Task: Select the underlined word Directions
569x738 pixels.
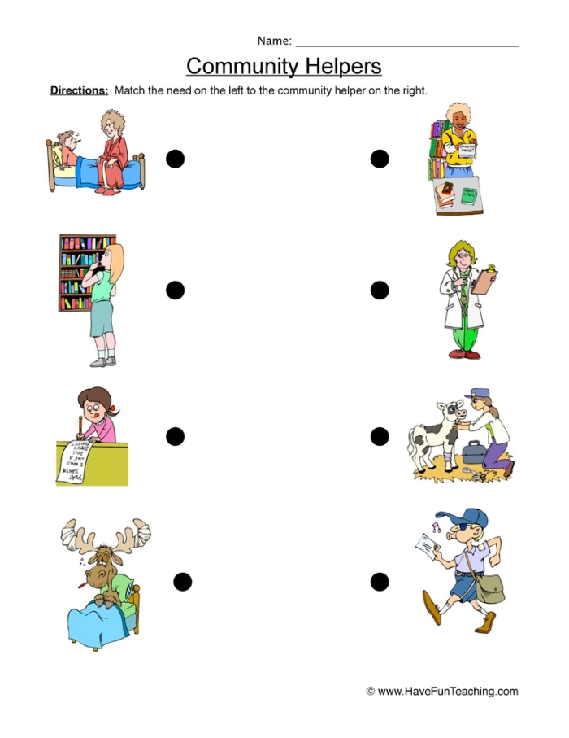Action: [79, 91]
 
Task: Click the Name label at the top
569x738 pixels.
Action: [274, 41]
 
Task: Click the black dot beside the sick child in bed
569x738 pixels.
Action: [175, 159]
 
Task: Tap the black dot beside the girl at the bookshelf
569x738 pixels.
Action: [175, 290]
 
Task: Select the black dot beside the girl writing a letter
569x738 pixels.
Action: [175, 437]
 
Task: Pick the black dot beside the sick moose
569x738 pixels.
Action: [183, 581]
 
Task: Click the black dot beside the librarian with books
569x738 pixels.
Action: [380, 159]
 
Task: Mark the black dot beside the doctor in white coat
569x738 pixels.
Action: [380, 290]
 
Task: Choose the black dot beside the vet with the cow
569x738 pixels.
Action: [380, 437]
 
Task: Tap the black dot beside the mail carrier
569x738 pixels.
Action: [380, 581]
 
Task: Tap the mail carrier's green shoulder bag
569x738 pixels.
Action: [489, 585]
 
